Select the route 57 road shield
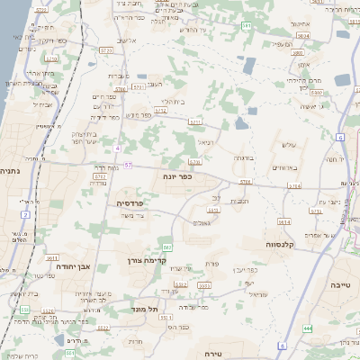coord(129,166)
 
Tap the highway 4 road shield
coord(117,147)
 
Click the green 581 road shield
coord(246,26)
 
